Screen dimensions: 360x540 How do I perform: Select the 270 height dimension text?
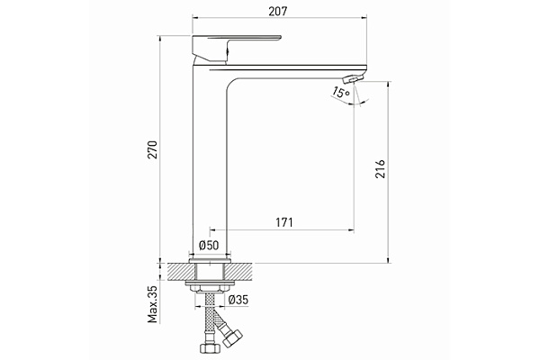pyautogui.click(x=154, y=149)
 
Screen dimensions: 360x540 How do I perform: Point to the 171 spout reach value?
pyautogui.click(x=283, y=221)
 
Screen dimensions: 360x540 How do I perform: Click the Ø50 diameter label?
pyautogui.click(x=209, y=245)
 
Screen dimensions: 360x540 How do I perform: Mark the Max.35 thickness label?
pyautogui.click(x=154, y=303)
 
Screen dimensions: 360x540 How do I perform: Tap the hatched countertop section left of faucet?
pyautogui.click(x=178, y=271)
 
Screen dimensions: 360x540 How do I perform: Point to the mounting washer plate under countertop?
pyautogui.click(x=209, y=286)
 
